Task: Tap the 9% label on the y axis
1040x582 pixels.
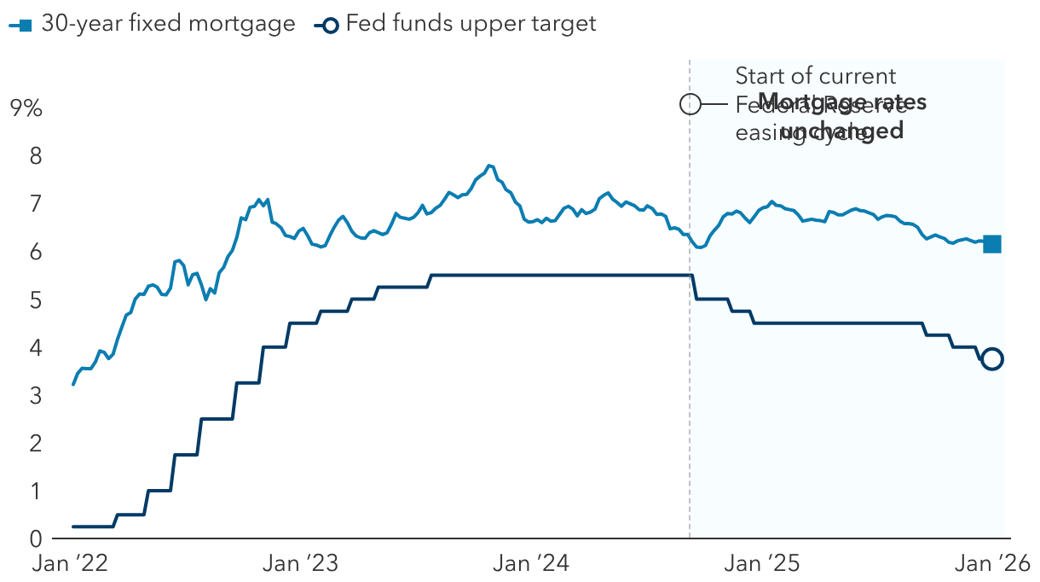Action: [x=26, y=108]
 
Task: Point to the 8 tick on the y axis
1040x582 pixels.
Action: [x=36, y=156]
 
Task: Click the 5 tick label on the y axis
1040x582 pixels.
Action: [x=36, y=300]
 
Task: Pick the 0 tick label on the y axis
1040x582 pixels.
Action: [x=36, y=538]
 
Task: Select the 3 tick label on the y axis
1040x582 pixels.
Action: [x=36, y=396]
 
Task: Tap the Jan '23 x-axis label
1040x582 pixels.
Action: [x=300, y=563]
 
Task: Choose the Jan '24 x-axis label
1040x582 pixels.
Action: [x=529, y=563]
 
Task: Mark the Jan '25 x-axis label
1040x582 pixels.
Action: [x=760, y=563]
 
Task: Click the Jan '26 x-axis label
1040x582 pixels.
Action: [x=990, y=563]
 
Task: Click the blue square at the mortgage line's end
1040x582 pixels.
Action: [x=992, y=244]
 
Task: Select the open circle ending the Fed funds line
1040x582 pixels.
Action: [x=992, y=359]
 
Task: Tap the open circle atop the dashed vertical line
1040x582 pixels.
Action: [x=690, y=104]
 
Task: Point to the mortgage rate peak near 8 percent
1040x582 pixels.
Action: [x=488, y=166]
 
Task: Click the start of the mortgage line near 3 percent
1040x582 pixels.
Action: [x=73, y=384]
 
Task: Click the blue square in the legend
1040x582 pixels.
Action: [x=25, y=25]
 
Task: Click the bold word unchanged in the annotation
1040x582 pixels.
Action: [x=841, y=131]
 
